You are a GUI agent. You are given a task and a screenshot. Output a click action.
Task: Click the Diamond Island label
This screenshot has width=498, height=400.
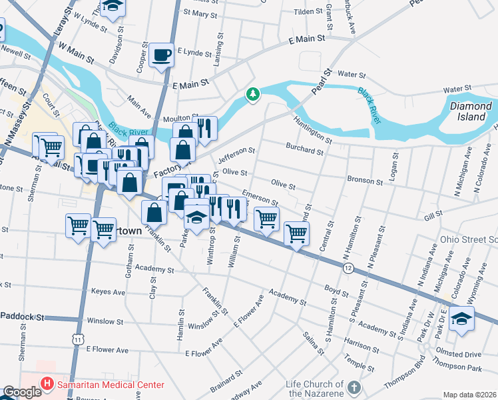[x=471, y=111]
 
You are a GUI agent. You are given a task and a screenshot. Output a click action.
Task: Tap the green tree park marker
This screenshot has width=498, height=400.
[x=252, y=95]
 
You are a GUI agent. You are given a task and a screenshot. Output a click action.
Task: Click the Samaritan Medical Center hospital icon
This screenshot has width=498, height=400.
[x=47, y=384]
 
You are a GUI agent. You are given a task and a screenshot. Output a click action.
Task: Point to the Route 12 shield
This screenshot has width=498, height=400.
[x=348, y=267]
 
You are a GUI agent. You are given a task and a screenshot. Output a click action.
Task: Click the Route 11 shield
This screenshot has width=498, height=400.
[x=79, y=340]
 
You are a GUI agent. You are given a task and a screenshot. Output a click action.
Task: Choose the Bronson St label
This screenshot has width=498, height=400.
[x=365, y=181]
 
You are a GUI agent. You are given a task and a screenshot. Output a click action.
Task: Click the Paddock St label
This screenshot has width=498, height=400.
[x=23, y=317]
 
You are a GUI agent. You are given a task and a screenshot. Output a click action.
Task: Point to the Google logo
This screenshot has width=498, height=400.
[x=21, y=392]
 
